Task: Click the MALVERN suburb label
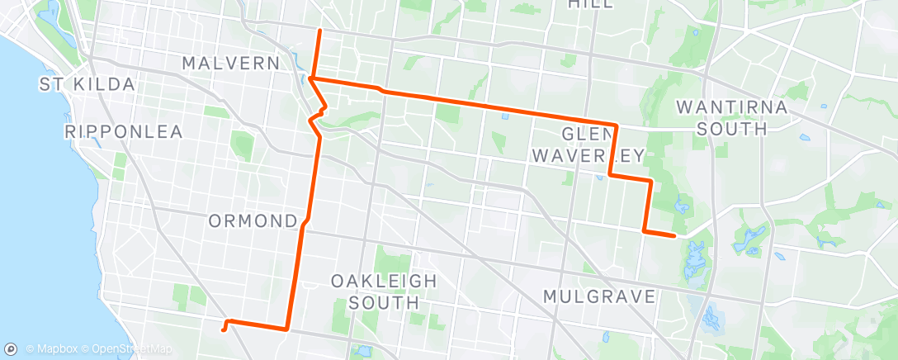tap(233, 63)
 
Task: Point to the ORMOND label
tap(253, 221)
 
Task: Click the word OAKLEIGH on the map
tap(384, 281)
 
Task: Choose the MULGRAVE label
tap(599, 296)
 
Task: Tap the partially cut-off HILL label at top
tap(591, 4)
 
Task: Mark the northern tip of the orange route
tap(320, 31)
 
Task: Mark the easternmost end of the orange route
tap(675, 236)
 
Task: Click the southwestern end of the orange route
tap(223, 330)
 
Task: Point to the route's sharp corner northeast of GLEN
tap(616, 125)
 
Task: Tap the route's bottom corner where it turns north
tap(286, 329)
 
